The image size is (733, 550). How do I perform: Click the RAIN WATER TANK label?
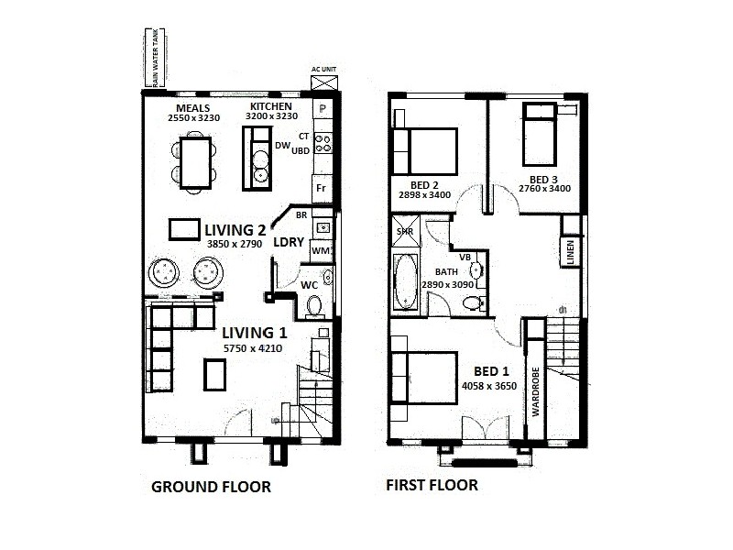[157, 59]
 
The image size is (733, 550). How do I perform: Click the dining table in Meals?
[193, 163]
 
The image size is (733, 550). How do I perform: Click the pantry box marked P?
[323, 109]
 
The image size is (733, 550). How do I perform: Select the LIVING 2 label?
[235, 229]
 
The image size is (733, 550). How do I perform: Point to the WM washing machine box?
[321, 249]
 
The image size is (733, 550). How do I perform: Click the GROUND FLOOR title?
[211, 487]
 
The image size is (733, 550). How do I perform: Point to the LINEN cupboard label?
[570, 252]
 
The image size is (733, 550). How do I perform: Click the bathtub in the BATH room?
[406, 283]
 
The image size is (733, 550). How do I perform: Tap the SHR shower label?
[404, 232]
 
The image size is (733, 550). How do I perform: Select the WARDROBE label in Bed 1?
[533, 390]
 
